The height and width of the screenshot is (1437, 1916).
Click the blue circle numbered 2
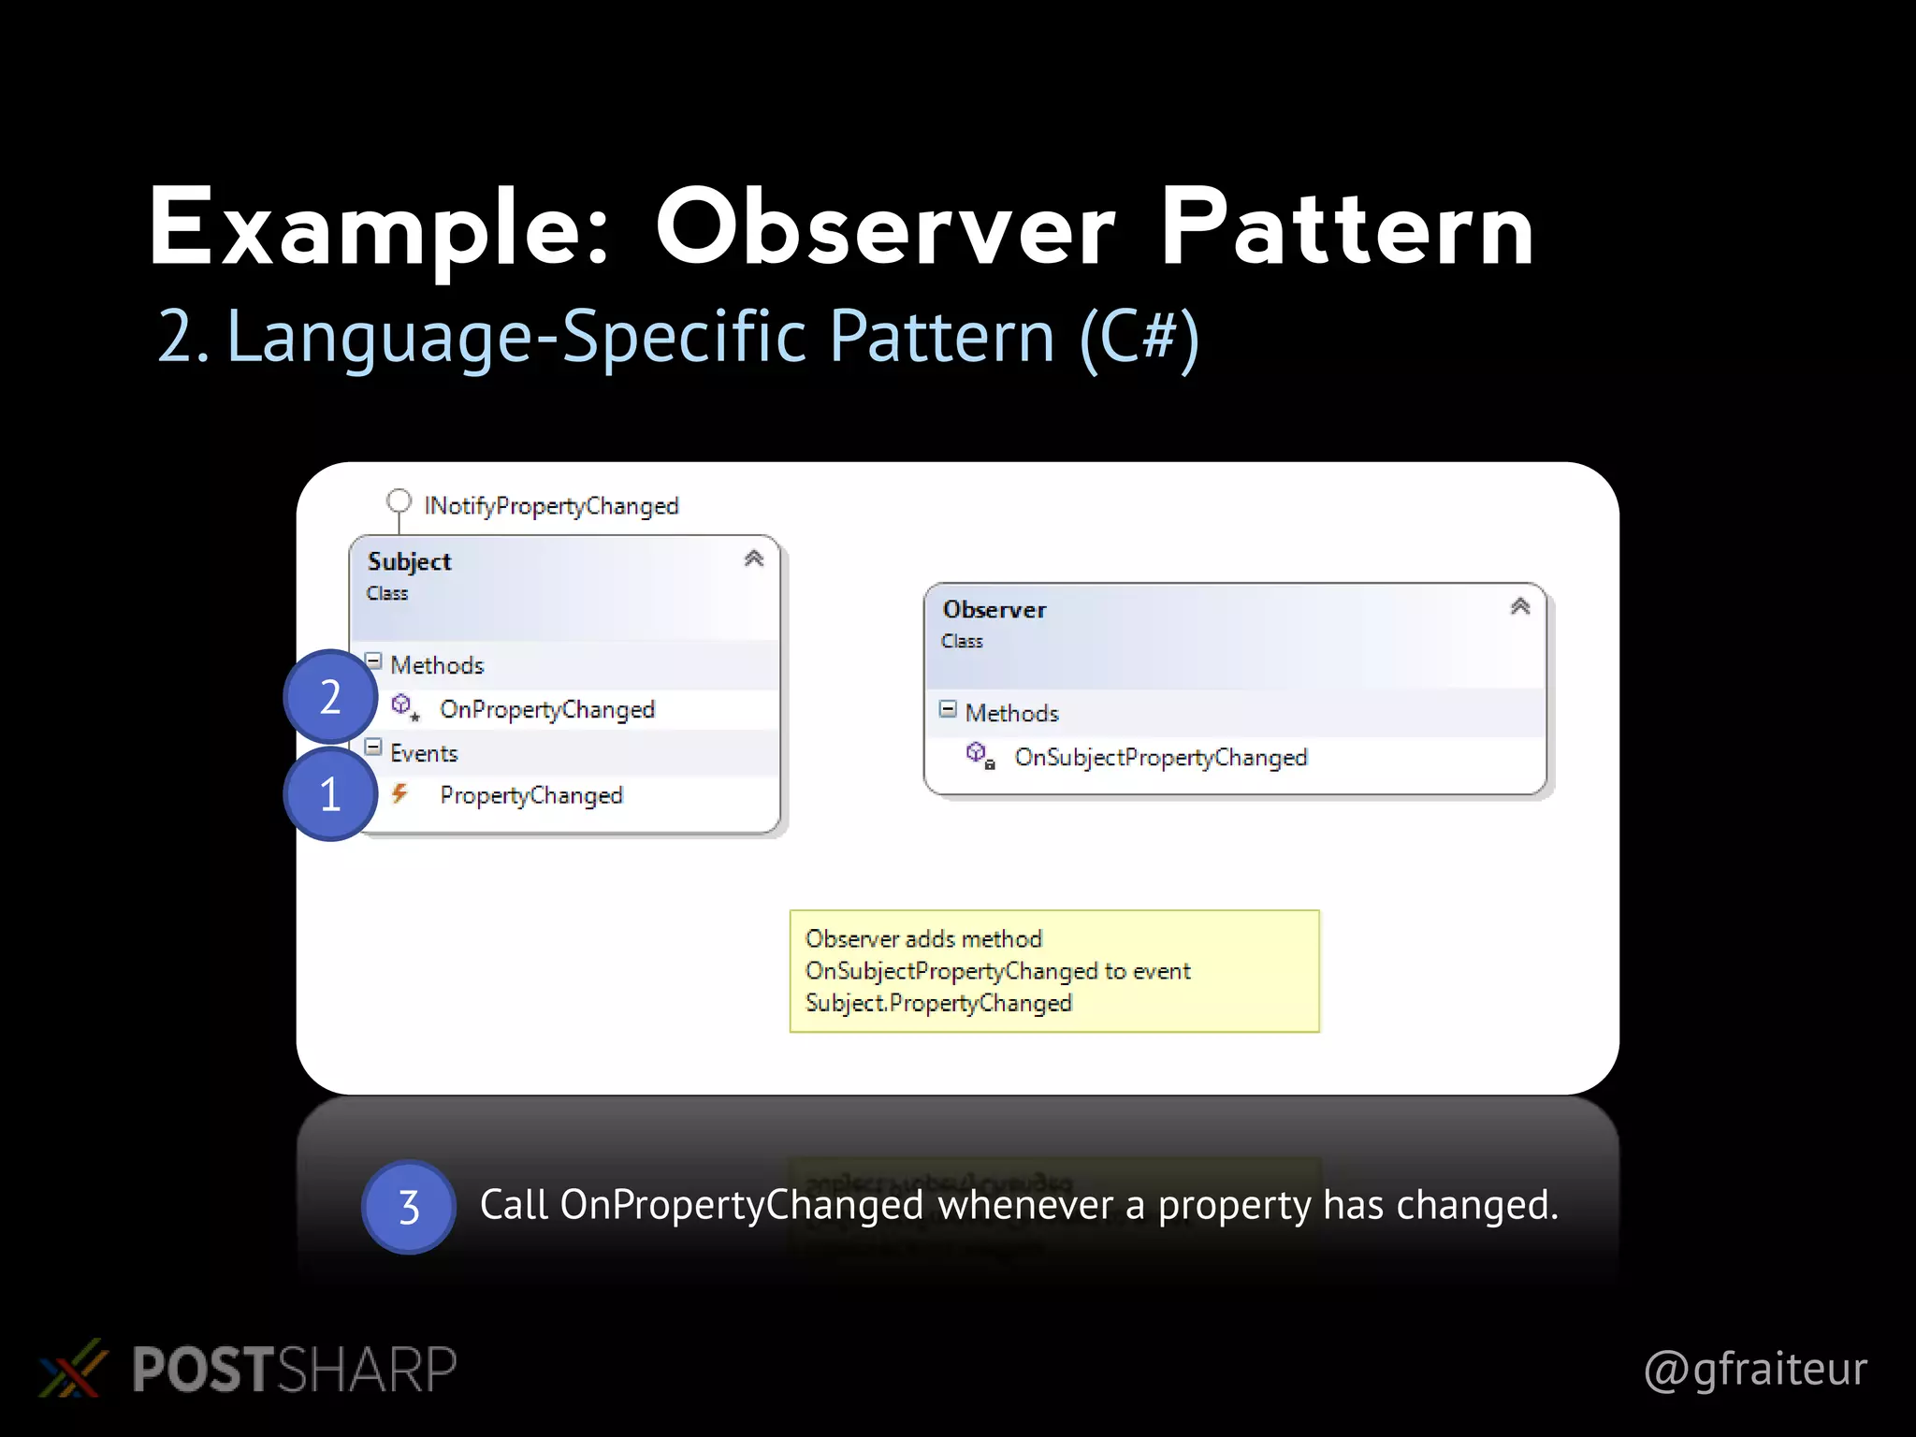pyautogui.click(x=330, y=697)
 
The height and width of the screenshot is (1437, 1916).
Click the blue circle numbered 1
pyautogui.click(x=330, y=794)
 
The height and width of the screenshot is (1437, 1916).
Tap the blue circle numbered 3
pyautogui.click(x=409, y=1207)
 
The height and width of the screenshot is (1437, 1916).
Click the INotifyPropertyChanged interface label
pyautogui.click(x=551, y=506)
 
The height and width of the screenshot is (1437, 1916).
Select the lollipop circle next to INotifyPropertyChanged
pyautogui.click(x=399, y=501)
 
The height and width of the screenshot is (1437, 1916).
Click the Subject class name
pyautogui.click(x=409, y=561)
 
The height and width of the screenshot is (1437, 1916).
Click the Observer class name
pyautogui.click(x=994, y=610)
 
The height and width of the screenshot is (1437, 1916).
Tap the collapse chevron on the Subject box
pyautogui.click(x=754, y=559)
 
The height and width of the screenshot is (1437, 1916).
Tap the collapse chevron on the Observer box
pyautogui.click(x=1520, y=606)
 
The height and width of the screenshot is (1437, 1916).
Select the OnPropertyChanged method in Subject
pyautogui.click(x=546, y=709)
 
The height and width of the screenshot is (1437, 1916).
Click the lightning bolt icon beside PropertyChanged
pyautogui.click(x=400, y=794)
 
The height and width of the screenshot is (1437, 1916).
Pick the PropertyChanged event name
pyautogui.click(x=530, y=795)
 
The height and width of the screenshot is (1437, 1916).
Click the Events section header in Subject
pyautogui.click(x=424, y=753)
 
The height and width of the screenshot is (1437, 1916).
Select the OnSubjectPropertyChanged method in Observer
pyautogui.click(x=1160, y=757)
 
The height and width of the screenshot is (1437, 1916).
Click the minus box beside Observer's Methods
pyautogui.click(x=948, y=709)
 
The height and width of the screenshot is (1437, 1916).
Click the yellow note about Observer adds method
pyautogui.click(x=1053, y=971)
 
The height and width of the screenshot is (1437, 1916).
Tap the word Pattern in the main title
pyautogui.click(x=1346, y=229)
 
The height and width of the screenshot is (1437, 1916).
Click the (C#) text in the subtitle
pyautogui.click(x=1139, y=337)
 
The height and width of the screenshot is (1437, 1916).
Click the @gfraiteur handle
pyautogui.click(x=1755, y=1369)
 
